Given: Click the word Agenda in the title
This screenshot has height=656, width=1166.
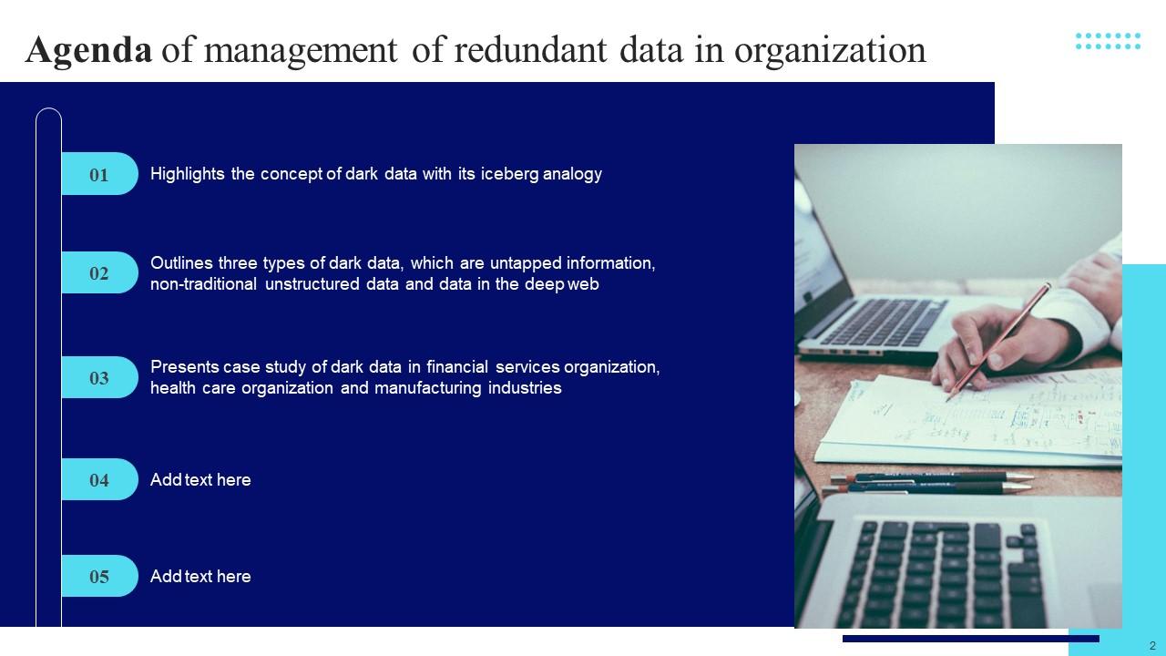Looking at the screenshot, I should click(88, 50).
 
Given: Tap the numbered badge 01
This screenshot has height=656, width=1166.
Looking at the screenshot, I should click(99, 174).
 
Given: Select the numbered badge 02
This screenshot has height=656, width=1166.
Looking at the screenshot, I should click(99, 273).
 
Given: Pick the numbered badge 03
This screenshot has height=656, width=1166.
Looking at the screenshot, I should click(99, 377).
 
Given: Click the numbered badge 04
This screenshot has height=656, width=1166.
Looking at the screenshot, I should click(99, 480).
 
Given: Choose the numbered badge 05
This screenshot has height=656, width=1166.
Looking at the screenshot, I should click(99, 577).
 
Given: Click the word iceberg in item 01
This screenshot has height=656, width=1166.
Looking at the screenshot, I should click(509, 174).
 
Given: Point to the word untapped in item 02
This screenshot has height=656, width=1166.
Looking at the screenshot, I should click(526, 263).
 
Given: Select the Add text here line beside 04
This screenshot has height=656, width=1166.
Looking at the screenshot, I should click(200, 480).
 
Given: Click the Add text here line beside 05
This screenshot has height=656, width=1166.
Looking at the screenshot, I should click(200, 577).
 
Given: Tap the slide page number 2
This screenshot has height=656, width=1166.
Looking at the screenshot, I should click(1152, 645).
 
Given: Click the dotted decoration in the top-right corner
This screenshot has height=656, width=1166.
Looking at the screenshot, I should click(1108, 41).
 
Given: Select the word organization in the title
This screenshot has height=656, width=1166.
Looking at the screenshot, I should click(830, 50).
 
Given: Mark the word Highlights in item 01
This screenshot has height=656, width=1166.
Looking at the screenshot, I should click(188, 174).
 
